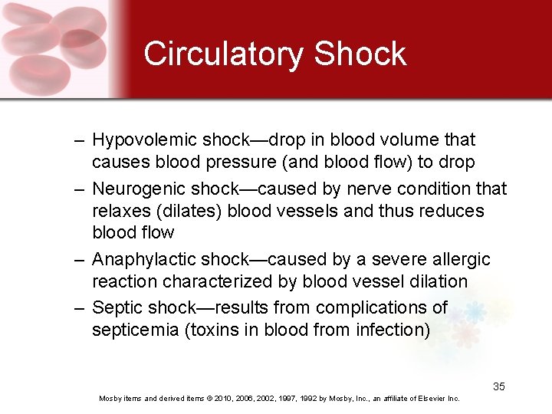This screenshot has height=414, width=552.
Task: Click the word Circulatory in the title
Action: coord(223,54)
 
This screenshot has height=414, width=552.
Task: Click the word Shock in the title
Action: coord(360,54)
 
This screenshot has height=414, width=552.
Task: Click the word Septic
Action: coord(117,308)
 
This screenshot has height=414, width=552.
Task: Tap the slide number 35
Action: coord(499,386)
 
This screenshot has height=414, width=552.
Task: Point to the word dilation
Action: coord(435,282)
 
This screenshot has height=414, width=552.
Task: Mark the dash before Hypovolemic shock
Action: coord(79,140)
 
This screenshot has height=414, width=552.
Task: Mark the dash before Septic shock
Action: coord(79,308)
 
